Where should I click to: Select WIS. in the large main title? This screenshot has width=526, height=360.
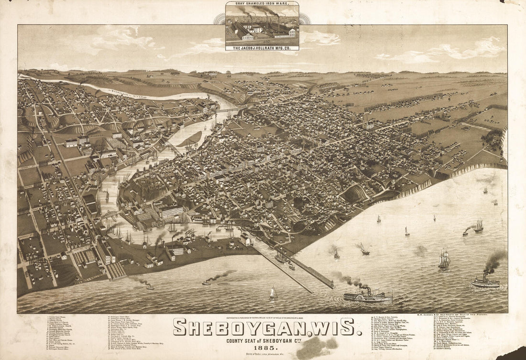click(333, 327)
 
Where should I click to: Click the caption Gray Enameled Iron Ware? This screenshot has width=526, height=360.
click(262, 4)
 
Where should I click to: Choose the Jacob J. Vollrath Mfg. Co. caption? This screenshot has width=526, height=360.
click(262, 47)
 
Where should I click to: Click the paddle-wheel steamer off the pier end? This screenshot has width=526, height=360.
click(367, 295)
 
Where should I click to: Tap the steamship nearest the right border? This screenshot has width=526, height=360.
click(485, 282)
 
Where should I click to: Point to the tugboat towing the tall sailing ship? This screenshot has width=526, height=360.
click(466, 232)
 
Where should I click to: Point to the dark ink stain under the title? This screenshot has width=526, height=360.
click(313, 349)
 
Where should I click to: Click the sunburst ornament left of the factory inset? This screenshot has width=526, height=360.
click(219, 19)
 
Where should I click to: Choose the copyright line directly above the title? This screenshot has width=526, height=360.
click(264, 318)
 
